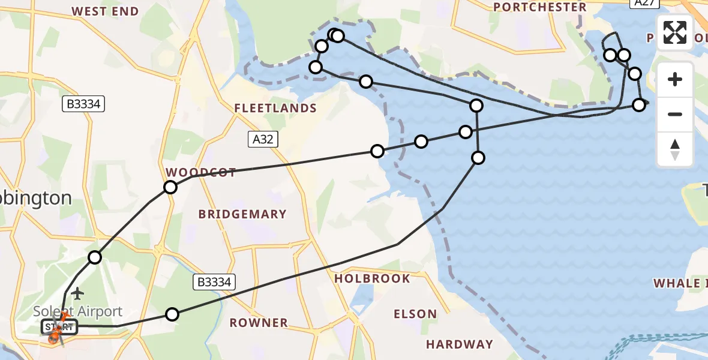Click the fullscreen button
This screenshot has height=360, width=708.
click(x=675, y=32)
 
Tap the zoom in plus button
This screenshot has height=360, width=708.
click(x=675, y=79)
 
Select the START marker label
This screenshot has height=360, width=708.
click(x=59, y=327)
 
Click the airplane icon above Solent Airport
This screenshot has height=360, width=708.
click(x=77, y=293)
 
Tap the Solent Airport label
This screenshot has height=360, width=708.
click(x=78, y=311)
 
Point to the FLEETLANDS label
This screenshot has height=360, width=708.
click(x=275, y=108)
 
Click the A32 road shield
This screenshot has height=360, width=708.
click(x=262, y=140)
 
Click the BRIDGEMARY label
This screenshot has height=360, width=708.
click(x=242, y=214)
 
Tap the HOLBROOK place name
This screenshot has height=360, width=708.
click(x=372, y=278)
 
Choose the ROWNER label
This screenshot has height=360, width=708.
click(x=259, y=323)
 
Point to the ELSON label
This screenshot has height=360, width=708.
click(x=415, y=314)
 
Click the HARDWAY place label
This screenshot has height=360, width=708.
click(x=459, y=344)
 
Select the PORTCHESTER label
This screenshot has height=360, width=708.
click(x=539, y=7)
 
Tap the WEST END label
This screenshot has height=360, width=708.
click(x=105, y=11)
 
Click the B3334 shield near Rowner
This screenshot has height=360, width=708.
click(x=214, y=281)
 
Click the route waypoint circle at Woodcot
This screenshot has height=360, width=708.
click(x=170, y=187)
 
